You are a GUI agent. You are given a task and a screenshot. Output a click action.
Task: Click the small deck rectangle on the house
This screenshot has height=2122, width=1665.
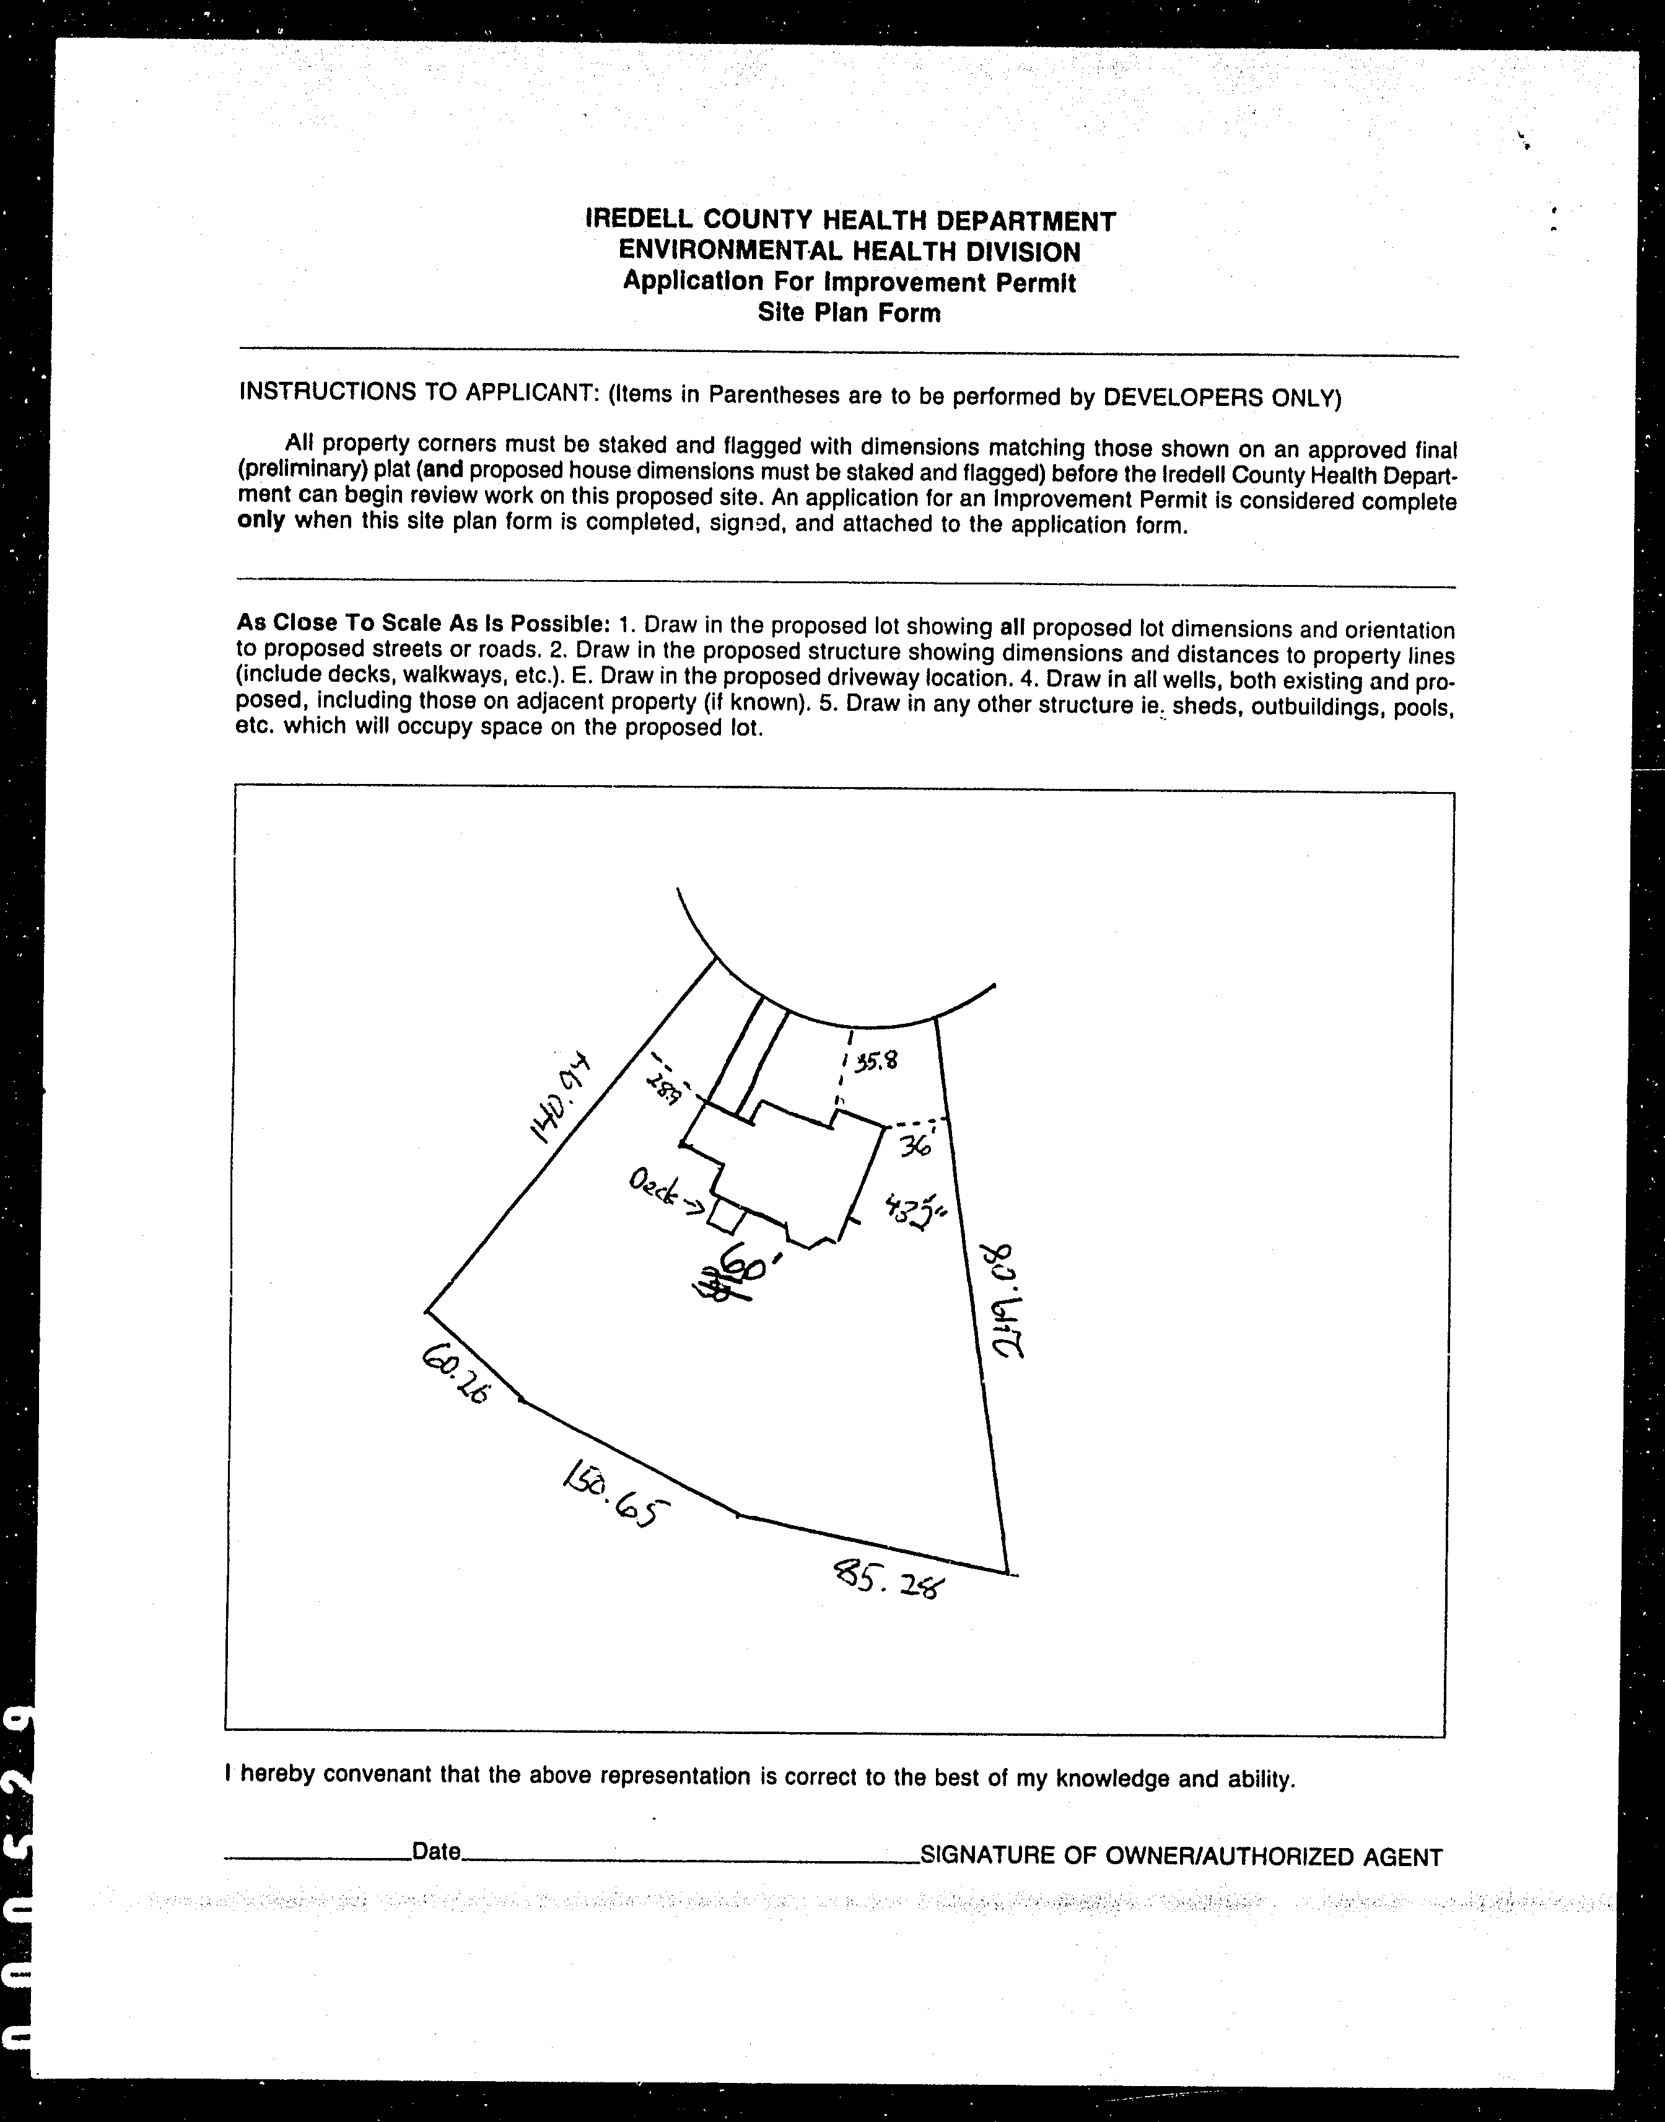726,1217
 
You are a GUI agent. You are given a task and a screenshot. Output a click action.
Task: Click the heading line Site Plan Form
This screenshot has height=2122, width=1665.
849,313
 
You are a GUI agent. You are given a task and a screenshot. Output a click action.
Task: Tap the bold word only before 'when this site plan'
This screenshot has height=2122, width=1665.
261,520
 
